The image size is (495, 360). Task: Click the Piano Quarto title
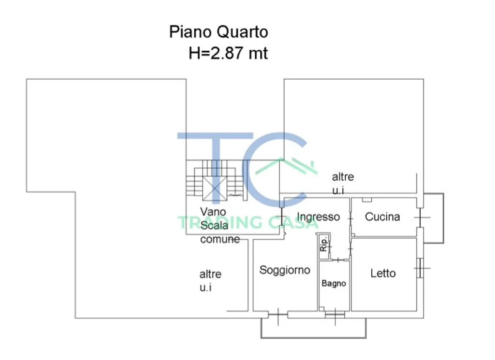click(x=218, y=32)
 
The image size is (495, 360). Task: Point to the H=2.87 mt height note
click(x=228, y=53)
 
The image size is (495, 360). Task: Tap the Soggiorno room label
click(x=285, y=271)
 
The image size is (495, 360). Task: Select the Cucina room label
click(x=382, y=217)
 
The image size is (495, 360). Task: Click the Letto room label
click(x=383, y=273)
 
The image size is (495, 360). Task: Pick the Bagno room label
click(x=334, y=284)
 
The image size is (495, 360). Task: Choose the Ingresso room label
click(x=318, y=217)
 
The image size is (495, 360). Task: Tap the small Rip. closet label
click(x=323, y=244)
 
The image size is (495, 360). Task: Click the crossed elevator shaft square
click(x=215, y=188)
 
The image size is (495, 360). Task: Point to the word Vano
click(x=213, y=212)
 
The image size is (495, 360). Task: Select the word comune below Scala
click(x=220, y=239)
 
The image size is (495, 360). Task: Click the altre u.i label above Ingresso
click(x=343, y=183)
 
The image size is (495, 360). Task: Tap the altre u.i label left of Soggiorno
click(x=210, y=280)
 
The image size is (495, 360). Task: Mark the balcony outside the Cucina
click(x=434, y=218)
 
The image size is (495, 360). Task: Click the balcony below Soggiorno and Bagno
click(x=313, y=328)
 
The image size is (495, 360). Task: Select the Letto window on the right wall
click(x=420, y=268)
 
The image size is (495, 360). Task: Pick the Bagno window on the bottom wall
click(x=335, y=314)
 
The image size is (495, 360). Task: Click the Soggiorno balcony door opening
click(x=278, y=314)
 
